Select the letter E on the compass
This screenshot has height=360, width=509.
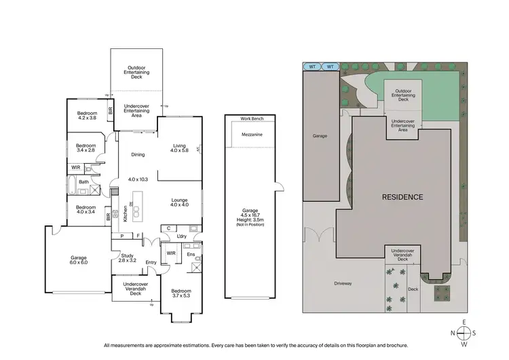(x=464, y=322)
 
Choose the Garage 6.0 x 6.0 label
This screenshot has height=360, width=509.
(x=79, y=260)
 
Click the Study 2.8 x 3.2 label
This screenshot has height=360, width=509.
(x=128, y=257)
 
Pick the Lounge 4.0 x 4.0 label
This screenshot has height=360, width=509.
(x=180, y=202)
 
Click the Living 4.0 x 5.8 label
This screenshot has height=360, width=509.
(x=179, y=147)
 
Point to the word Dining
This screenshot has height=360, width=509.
(x=138, y=154)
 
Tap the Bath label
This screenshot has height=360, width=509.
(x=83, y=182)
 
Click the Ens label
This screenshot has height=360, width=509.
(x=191, y=254)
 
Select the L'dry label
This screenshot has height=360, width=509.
(x=182, y=236)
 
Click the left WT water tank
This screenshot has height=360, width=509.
(x=312, y=67)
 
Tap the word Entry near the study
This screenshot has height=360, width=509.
(x=151, y=262)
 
